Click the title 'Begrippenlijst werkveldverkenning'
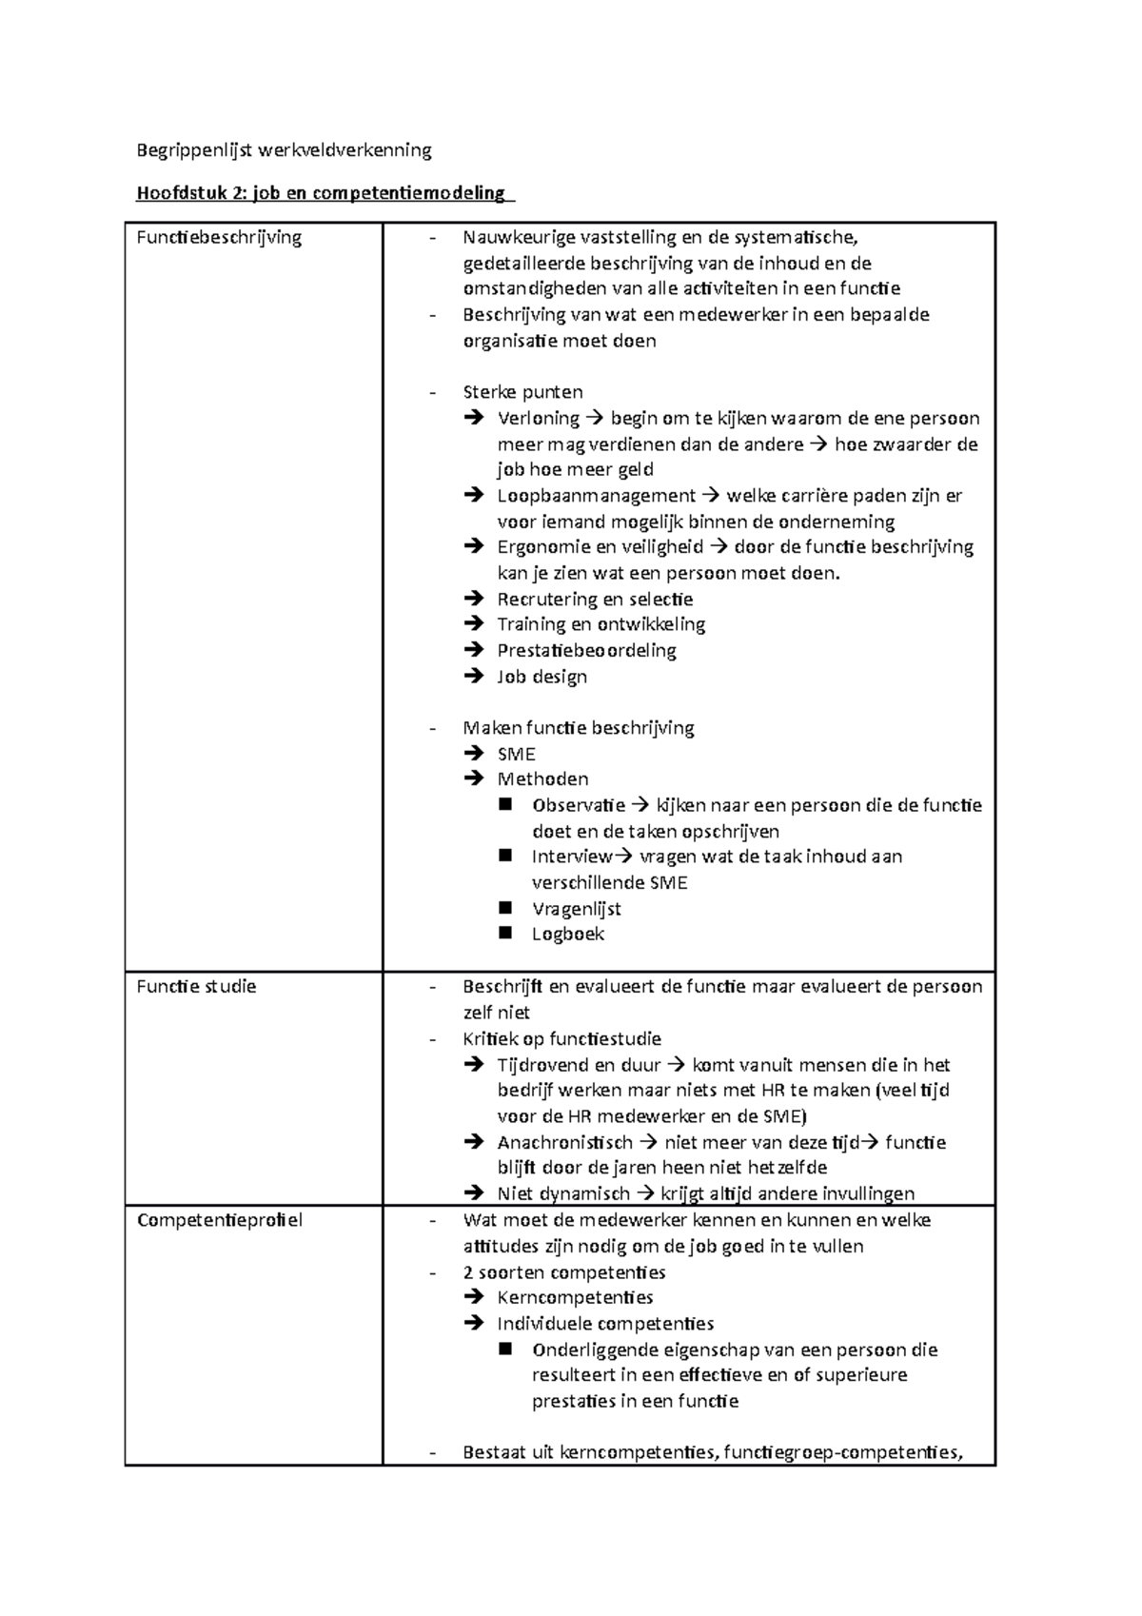coord(284,149)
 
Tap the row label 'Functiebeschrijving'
coord(219,237)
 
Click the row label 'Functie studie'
coord(196,986)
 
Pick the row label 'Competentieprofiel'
coord(219,1220)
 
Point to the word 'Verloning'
coord(538,418)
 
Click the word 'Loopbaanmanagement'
coord(596,495)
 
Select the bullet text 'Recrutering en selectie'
coord(595,599)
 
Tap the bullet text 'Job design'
coord(541,677)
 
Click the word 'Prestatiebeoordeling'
coord(586,650)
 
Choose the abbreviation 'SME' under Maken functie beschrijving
coord(516,754)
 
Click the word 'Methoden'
coord(542,778)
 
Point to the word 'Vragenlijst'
coord(577,908)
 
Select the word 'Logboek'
coord(568,934)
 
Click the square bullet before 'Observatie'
coord(504,804)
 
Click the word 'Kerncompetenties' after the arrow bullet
coord(575,1297)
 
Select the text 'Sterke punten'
coord(522,392)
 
